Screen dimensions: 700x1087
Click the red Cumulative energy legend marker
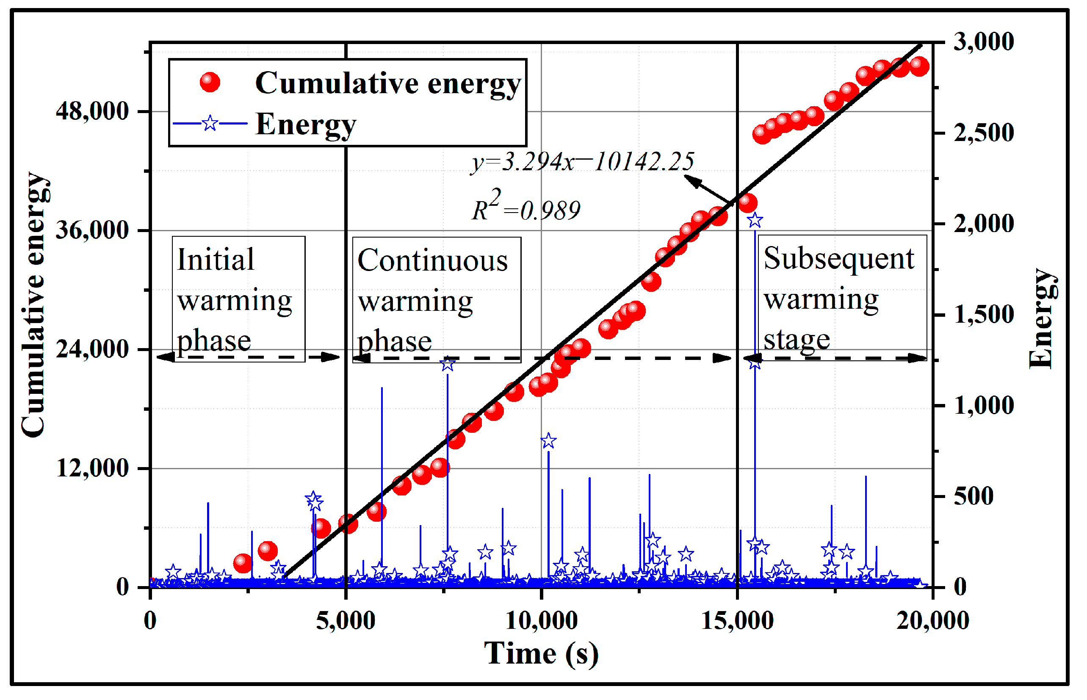pyautogui.click(x=210, y=82)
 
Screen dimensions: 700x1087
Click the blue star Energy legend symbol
pyautogui.click(x=210, y=123)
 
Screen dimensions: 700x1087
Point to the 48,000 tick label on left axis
pyautogui.click(x=92, y=111)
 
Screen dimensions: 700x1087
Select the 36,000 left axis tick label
pyautogui.click(x=92, y=230)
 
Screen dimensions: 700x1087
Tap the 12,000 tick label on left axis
pyautogui.click(x=92, y=469)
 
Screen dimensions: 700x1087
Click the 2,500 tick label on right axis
pyautogui.click(x=983, y=133)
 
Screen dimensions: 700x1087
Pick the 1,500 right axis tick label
pyautogui.click(x=983, y=315)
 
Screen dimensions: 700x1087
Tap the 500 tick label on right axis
pyautogui.click(x=974, y=496)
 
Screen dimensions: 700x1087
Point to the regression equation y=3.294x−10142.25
pyautogui.click(x=583, y=162)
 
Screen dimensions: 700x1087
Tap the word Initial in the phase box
pyautogui.click(x=216, y=260)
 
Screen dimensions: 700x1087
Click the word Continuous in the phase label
pyautogui.click(x=432, y=261)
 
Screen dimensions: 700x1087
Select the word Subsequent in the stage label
pyautogui.click(x=838, y=259)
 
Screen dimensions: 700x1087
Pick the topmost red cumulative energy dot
pyautogui.click(x=919, y=66)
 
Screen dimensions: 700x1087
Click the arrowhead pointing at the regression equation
pyautogui.click(x=691, y=180)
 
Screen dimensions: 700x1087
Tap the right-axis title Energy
pyautogui.click(x=1041, y=318)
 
